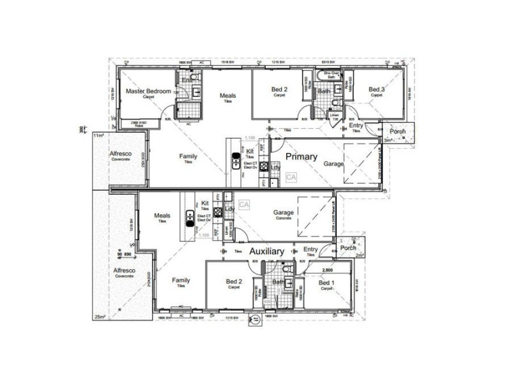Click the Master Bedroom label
(x=148, y=91)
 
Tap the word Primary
(x=301, y=156)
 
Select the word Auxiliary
(x=266, y=252)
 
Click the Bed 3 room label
(x=377, y=89)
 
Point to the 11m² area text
(x=98, y=136)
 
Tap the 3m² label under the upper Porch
(x=388, y=140)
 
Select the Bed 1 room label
(x=326, y=283)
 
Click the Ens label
(x=187, y=80)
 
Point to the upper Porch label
(x=398, y=131)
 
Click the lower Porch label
(x=348, y=248)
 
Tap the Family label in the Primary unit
(x=188, y=156)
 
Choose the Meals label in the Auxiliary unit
(x=162, y=216)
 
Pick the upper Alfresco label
(x=120, y=154)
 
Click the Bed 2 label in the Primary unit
(x=280, y=89)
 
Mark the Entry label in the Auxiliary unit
(x=310, y=250)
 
